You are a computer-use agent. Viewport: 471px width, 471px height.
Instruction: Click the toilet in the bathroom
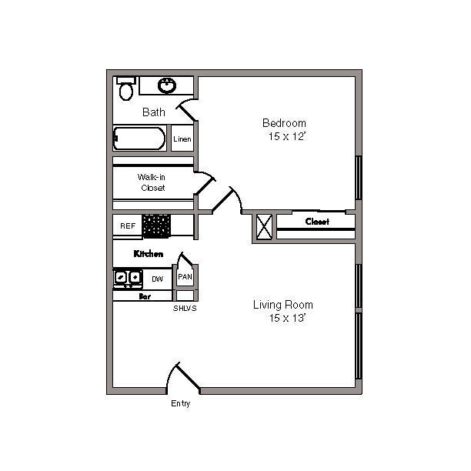126,89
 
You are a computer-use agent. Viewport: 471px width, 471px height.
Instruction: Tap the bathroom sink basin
167,85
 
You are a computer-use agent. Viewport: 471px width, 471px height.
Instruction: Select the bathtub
139,139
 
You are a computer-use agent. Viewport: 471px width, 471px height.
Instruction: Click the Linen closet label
182,139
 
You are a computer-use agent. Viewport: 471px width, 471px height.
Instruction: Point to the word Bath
154,112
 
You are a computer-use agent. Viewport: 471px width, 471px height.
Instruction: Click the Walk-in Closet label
152,182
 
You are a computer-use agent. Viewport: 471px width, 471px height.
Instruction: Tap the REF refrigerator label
128,226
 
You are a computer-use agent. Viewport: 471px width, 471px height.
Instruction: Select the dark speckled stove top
156,226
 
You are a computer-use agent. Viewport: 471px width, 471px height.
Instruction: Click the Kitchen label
149,254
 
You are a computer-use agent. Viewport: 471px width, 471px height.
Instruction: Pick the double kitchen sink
128,278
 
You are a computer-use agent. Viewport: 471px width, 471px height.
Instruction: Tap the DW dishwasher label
158,279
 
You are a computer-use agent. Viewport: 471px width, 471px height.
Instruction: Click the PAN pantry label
185,276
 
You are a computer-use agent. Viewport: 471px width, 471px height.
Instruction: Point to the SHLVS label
185,308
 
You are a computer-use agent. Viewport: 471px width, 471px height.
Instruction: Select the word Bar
145,296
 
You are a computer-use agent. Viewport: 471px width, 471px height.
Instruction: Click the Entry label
181,403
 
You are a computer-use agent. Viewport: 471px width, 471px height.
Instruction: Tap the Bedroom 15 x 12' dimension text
285,129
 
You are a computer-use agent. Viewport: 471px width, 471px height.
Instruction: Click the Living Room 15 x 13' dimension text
283,311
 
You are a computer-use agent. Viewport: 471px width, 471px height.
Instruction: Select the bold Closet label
317,222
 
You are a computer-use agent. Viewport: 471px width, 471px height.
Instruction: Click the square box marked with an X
264,227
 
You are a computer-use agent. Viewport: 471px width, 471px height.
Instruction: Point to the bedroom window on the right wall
359,178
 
